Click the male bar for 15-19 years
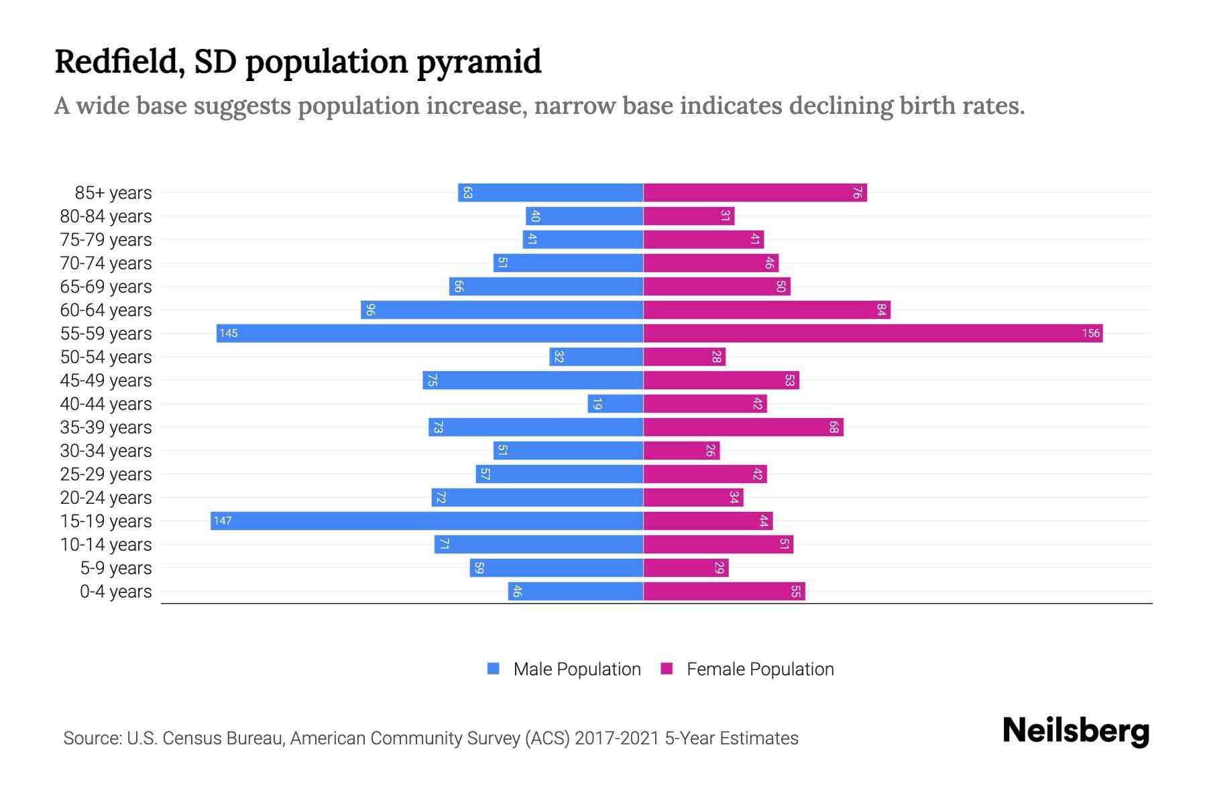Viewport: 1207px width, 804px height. click(x=426, y=521)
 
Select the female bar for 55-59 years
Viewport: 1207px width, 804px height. click(x=872, y=334)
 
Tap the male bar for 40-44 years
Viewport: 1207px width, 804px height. click(x=616, y=404)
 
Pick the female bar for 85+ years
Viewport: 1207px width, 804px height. click(x=755, y=193)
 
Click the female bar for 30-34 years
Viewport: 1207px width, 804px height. click(x=681, y=451)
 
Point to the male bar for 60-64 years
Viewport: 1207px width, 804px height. click(x=502, y=310)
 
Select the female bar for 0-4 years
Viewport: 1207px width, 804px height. click(x=724, y=592)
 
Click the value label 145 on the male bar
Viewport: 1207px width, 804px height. click(x=229, y=334)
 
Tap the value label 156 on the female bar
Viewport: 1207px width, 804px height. click(x=1090, y=334)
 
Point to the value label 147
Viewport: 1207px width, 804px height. click(x=223, y=521)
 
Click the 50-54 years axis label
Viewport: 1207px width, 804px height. click(x=106, y=357)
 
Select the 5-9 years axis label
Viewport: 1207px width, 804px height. click(x=116, y=568)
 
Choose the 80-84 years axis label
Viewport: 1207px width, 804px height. click(x=106, y=216)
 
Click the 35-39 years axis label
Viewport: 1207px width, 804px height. click(x=106, y=427)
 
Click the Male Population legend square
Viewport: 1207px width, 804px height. click(x=494, y=669)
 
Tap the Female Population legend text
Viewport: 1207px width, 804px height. click(x=760, y=669)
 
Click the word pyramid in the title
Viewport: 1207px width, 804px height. click(x=479, y=62)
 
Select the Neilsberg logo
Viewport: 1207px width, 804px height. click(x=1076, y=731)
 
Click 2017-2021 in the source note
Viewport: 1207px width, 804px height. click(x=617, y=738)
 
